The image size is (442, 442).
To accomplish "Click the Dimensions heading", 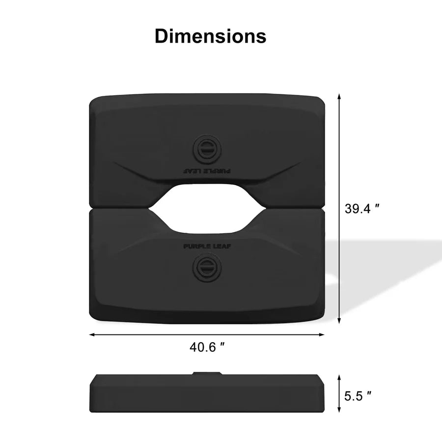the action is (210, 36).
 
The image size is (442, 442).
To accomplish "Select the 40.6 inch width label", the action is (207, 347).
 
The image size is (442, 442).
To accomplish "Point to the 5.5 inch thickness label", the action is (358, 396).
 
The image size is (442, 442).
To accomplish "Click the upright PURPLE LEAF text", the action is (207, 247).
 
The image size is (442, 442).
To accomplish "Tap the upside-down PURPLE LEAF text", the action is (207, 171).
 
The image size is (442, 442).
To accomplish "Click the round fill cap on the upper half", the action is (207, 148).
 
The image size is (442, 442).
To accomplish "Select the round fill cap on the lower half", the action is (207, 267).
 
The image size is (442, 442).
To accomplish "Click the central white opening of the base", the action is (207, 209).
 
